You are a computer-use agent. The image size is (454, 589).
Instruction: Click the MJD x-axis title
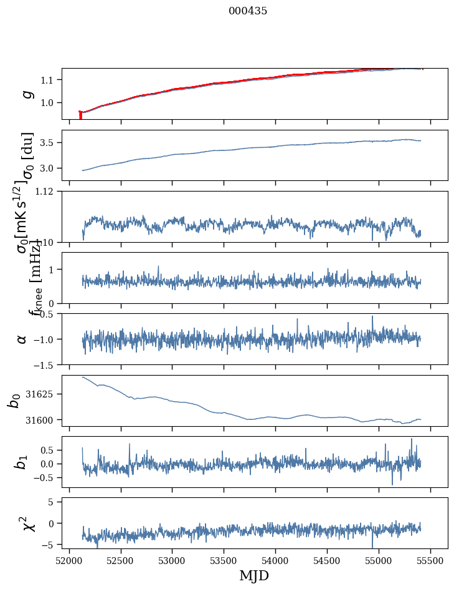pos(254,575)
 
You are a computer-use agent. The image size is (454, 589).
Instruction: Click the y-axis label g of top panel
pos(26,94)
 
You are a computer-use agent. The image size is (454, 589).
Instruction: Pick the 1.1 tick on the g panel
pos(49,80)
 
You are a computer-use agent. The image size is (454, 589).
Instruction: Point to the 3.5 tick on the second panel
pos(49,143)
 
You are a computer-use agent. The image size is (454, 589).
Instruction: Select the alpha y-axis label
pos(22,339)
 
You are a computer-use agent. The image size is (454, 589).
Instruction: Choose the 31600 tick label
pos(44,420)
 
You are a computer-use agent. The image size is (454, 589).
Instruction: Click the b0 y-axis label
pos(14,401)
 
